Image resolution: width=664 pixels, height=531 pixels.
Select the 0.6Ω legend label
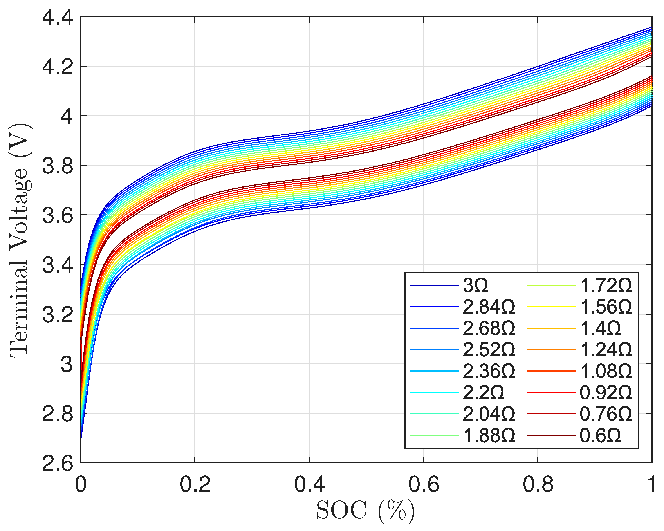pos(600,435)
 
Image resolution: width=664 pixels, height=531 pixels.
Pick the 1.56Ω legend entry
pos(606,307)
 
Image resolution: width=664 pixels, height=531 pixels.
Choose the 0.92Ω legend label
pos(606,393)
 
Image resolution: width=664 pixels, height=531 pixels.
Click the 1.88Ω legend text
pos(489,435)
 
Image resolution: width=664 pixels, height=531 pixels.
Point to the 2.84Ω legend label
pos(489,307)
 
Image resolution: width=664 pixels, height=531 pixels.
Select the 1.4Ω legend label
pos(600,328)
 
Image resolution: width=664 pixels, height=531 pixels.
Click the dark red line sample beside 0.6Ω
pos(551,435)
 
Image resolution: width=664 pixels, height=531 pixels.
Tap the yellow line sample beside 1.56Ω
pos(551,307)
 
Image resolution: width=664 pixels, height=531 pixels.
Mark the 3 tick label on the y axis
pos(67,364)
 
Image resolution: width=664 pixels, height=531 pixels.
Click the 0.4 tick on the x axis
pos(309,484)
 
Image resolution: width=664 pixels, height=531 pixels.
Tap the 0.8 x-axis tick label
pos(538,484)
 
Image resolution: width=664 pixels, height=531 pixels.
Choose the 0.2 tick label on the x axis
pos(195,484)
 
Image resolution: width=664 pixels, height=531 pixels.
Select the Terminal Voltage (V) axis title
pos(19,240)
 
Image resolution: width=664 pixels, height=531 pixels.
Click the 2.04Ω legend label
pos(489,414)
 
